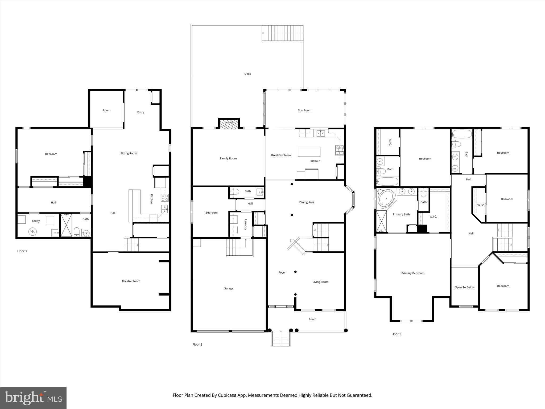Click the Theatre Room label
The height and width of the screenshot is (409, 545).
pyautogui.click(x=131, y=281)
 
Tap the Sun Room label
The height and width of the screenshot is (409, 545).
pyautogui.click(x=304, y=110)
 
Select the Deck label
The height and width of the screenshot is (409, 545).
pyautogui.click(x=247, y=74)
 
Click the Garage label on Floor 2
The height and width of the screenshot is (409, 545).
pyautogui.click(x=228, y=288)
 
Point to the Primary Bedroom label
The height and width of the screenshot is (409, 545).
pyautogui.click(x=413, y=273)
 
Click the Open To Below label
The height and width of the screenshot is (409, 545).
pyautogui.click(x=464, y=287)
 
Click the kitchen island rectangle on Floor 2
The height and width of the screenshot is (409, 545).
pyautogui.click(x=309, y=152)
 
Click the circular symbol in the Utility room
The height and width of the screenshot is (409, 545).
pyautogui.click(x=32, y=231)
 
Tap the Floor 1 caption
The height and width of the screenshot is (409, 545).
pyautogui.click(x=22, y=251)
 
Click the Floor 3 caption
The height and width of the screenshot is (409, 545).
pyautogui.click(x=396, y=334)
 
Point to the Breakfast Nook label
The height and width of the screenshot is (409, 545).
pyautogui.click(x=281, y=155)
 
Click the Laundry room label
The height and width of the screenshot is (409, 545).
pyautogui.click(x=245, y=224)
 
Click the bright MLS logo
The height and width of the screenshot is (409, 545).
pyautogui.click(x=33, y=398)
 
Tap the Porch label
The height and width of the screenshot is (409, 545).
pyautogui.click(x=312, y=319)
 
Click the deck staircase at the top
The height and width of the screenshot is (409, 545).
pyautogui.click(x=283, y=33)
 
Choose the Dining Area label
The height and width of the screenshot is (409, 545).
pyautogui.click(x=307, y=202)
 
